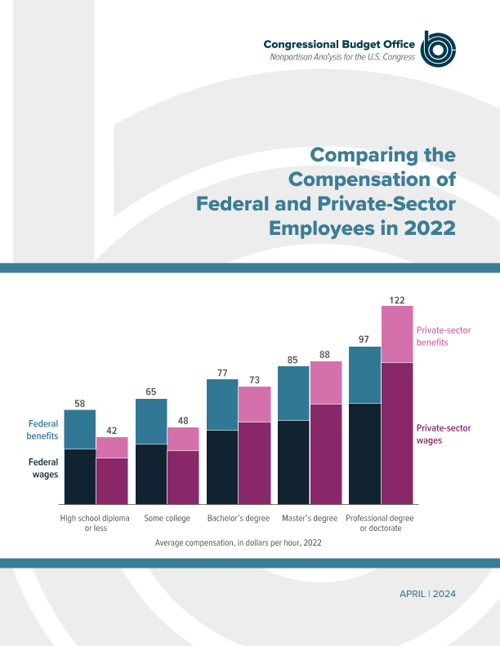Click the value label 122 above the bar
pos(397,300)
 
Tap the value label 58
pos(79,404)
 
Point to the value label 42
pos(112,431)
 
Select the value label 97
pos(364,338)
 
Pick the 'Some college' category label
pos(167,518)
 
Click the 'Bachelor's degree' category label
pos(239,518)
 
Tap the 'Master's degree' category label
pos(310,518)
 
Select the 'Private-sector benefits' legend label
pos(444,336)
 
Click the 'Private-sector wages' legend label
pos(444,434)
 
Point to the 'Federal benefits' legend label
pos(43,430)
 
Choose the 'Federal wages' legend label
pos(43,467)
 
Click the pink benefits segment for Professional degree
pos(397,334)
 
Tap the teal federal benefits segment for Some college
pos(151,422)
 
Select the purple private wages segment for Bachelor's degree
pos(254,462)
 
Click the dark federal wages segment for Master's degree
pos(293,462)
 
